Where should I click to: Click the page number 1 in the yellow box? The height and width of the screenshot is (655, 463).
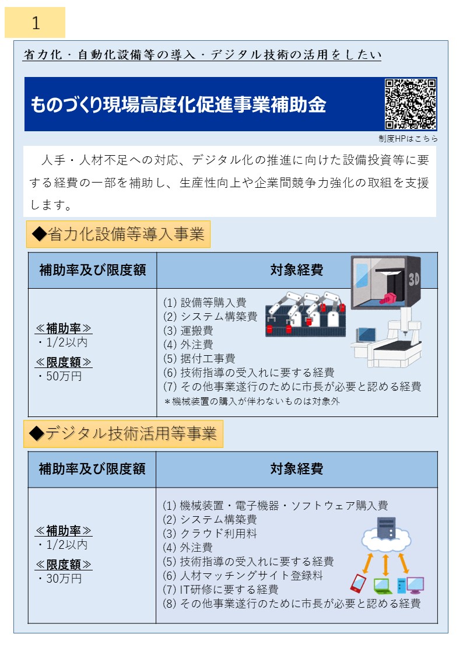point(35,23)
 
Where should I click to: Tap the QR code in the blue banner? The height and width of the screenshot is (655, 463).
point(411,104)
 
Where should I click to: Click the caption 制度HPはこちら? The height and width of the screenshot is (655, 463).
point(408,139)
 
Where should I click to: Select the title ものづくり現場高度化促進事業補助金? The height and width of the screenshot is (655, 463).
point(178,105)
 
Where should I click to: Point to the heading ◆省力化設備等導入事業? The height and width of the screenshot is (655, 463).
point(118,234)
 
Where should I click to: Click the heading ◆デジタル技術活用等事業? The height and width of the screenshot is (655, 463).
point(123,433)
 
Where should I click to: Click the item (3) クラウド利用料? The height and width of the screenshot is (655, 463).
point(210,534)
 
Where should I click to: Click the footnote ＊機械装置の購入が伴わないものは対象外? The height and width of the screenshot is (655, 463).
point(252,401)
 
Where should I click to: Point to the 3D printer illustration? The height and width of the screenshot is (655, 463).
point(385,286)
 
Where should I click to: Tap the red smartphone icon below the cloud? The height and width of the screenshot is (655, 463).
point(357,583)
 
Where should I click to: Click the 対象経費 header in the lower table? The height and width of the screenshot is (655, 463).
point(296,468)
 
